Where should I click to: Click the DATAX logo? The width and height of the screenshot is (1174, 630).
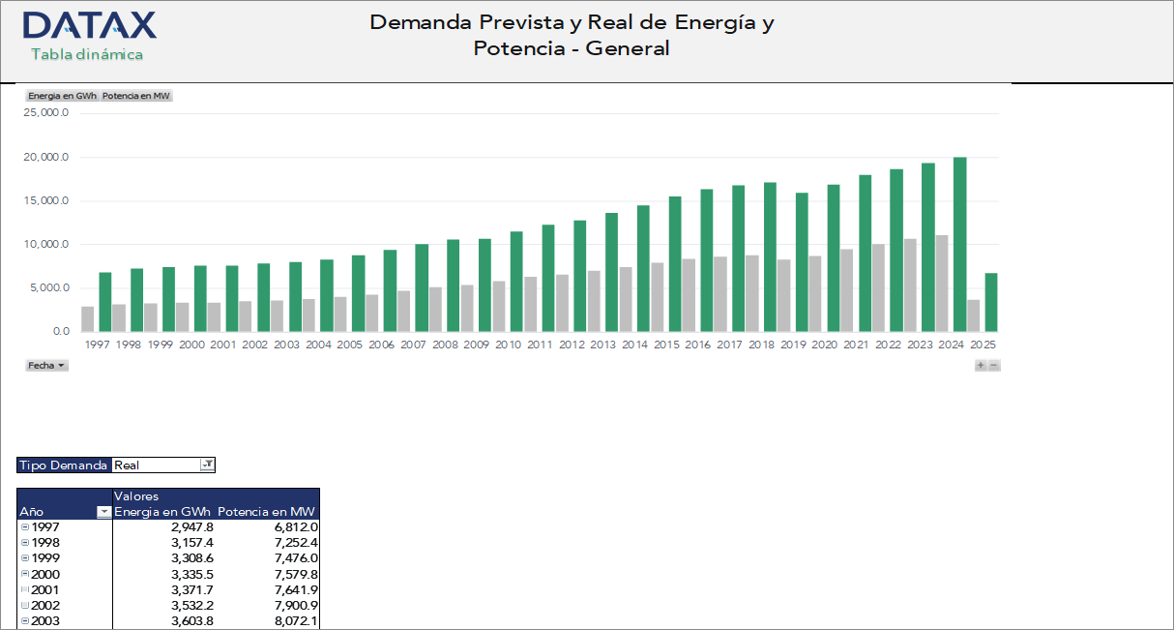click(x=89, y=25)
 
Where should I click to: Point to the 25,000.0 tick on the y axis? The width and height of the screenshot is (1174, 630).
click(x=46, y=113)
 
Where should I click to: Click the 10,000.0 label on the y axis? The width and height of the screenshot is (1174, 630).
click(x=46, y=245)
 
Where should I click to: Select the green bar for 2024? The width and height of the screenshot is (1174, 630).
click(x=959, y=245)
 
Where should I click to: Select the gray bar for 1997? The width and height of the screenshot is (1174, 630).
click(x=88, y=319)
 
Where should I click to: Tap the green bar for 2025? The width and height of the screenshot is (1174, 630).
click(x=991, y=302)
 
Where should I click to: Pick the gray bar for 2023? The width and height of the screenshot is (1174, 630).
click(x=910, y=285)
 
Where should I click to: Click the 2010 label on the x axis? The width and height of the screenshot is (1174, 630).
click(x=509, y=345)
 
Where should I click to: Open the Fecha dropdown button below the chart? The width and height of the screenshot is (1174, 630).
click(x=47, y=366)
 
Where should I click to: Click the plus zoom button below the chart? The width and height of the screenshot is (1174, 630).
click(x=981, y=366)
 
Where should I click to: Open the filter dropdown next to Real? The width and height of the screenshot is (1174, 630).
click(x=207, y=465)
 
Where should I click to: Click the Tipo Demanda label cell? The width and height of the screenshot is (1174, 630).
click(x=64, y=465)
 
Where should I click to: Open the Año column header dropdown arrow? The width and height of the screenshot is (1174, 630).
click(x=104, y=512)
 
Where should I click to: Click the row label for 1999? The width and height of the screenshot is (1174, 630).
click(x=45, y=558)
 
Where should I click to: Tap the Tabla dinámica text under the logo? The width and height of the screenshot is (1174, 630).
click(x=87, y=54)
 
